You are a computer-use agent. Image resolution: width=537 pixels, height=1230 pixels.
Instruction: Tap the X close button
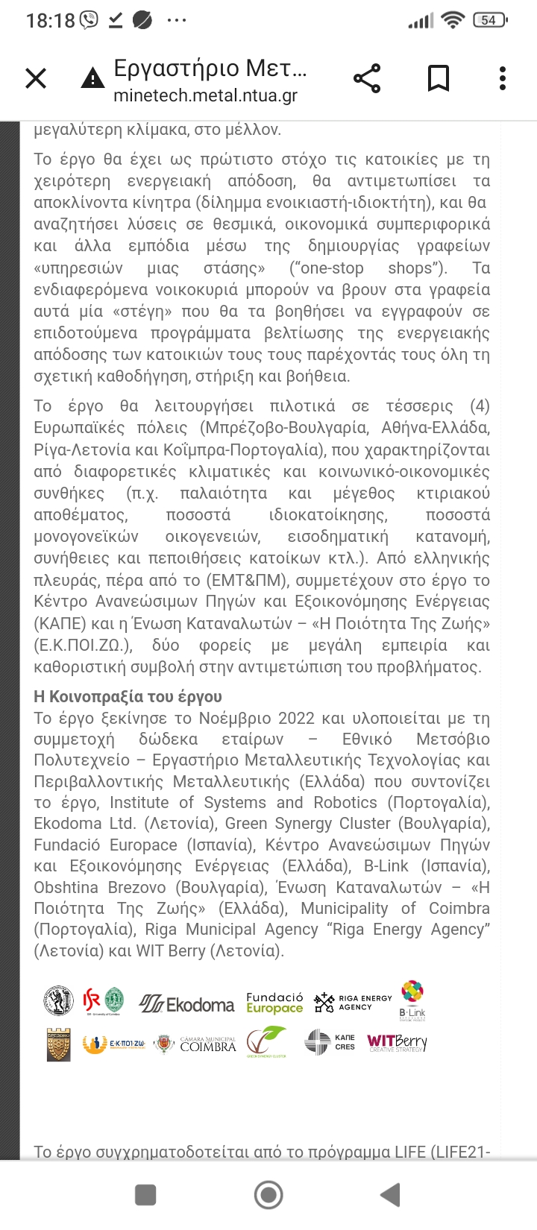(36, 78)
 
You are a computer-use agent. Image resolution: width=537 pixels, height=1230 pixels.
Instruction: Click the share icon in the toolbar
(366, 78)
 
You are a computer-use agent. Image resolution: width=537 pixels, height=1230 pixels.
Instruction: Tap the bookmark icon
(438, 78)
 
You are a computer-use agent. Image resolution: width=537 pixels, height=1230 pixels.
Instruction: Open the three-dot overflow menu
(503, 78)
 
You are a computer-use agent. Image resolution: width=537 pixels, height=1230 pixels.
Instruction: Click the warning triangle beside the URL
(92, 78)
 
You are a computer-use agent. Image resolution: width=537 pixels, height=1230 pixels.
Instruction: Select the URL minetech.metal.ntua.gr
(205, 96)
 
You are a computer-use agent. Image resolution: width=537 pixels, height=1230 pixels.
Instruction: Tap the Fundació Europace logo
(274, 1003)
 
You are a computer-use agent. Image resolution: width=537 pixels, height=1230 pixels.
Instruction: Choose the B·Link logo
(412, 1000)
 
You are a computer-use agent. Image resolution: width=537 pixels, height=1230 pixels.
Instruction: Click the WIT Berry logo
(397, 1042)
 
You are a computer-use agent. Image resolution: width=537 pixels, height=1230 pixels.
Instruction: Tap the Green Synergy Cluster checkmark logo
(266, 1042)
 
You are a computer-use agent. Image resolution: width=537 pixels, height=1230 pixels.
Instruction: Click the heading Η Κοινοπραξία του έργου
(128, 696)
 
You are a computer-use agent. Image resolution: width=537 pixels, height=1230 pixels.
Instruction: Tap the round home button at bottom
(268, 1195)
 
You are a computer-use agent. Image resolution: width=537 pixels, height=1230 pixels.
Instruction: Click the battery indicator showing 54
(490, 20)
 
